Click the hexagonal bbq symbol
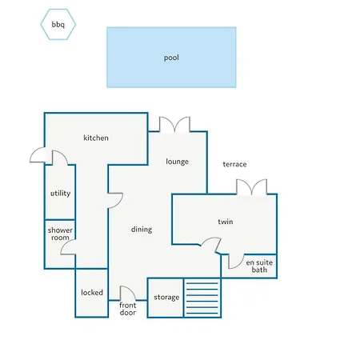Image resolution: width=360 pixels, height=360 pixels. (58, 26)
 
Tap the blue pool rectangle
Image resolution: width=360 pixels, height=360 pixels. (171, 58)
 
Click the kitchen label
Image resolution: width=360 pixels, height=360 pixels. (96, 138)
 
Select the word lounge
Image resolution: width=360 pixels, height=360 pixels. (177, 162)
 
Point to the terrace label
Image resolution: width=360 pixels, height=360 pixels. (234, 165)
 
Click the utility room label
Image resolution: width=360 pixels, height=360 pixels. (59, 194)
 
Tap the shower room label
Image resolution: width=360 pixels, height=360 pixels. (59, 234)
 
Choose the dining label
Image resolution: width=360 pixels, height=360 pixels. (142, 230)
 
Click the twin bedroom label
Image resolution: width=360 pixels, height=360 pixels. (225, 222)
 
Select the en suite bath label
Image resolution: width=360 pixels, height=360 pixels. (257, 266)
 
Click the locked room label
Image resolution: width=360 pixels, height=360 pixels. (92, 293)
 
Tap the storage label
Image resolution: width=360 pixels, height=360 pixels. (166, 298)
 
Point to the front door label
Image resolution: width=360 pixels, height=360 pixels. (128, 309)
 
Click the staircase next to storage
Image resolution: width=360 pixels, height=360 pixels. (202, 298)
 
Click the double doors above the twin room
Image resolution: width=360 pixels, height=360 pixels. (251, 187)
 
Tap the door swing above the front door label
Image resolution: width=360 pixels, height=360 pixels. (127, 293)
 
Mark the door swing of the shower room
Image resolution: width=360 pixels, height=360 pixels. (69, 250)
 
